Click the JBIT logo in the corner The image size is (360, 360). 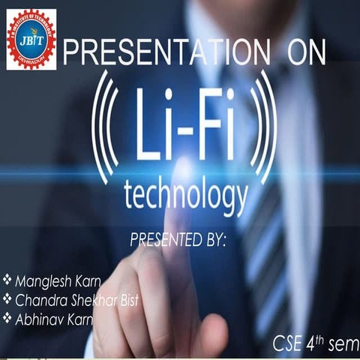pyautogui.click(x=31, y=39)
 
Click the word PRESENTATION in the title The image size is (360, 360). pyautogui.click(x=160, y=53)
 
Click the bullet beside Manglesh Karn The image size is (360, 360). pyautogui.click(x=7, y=282)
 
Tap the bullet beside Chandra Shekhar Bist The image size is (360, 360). pyautogui.click(x=7, y=300)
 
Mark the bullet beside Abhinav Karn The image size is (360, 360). pyautogui.click(x=7, y=318)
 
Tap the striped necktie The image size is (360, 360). pyautogui.click(x=262, y=225)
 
